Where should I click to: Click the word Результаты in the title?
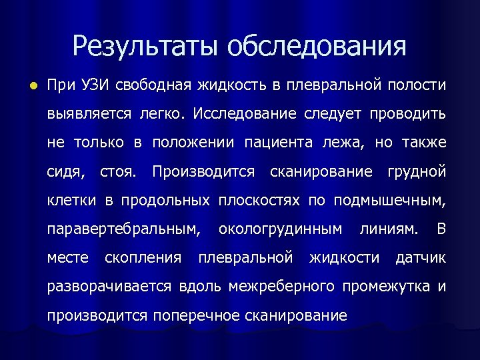(145, 46)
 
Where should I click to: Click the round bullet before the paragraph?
(25, 86)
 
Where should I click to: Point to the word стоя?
(117, 171)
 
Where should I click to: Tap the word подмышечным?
(389, 201)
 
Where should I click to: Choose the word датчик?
(421, 257)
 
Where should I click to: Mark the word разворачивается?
(111, 287)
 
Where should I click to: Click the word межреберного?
(281, 287)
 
